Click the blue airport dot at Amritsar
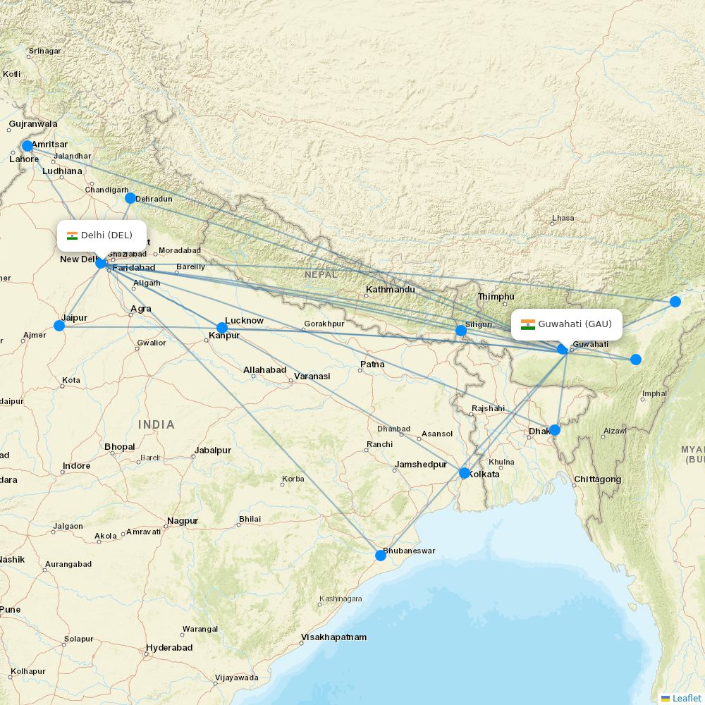pos(27,146)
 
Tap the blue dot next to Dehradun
pos(130,198)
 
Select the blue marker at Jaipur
pos(59,326)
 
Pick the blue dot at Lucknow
pos(222,328)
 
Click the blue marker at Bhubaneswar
pos(381,556)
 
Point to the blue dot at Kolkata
pos(465,473)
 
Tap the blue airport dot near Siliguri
pos(461,331)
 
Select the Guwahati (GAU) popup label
pos(567,324)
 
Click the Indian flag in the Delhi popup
pos(72,235)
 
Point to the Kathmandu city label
pos(390,290)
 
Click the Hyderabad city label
pos(169,648)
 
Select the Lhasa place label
pos(563,219)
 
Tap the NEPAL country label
pos(321,274)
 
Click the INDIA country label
pos(157,424)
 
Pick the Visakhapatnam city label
pos(334,637)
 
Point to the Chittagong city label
pos(598,479)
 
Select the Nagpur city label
pos(183,522)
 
